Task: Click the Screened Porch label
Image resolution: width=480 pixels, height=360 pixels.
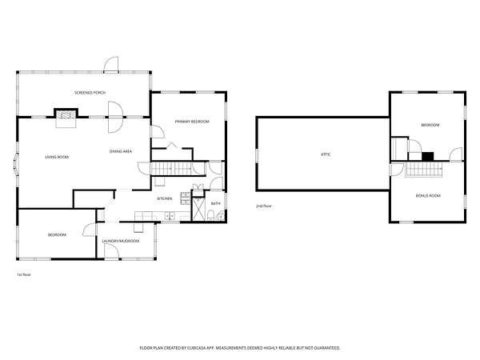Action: pyautogui.click(x=90, y=93)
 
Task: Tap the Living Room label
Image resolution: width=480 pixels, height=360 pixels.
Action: pyautogui.click(x=57, y=157)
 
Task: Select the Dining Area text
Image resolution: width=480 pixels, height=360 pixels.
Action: pyautogui.click(x=121, y=151)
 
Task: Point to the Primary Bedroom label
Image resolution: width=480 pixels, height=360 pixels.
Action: pyautogui.click(x=192, y=122)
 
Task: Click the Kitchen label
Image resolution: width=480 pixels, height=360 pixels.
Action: pyautogui.click(x=165, y=198)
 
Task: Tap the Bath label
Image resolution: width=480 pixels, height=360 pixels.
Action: pyautogui.click(x=216, y=203)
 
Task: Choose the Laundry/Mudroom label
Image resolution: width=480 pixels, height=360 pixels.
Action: pyautogui.click(x=121, y=242)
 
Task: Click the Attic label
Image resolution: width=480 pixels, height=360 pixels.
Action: pyautogui.click(x=326, y=154)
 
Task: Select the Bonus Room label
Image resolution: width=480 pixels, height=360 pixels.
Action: pyautogui.click(x=428, y=196)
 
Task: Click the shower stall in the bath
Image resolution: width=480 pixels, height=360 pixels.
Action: pyautogui.click(x=198, y=209)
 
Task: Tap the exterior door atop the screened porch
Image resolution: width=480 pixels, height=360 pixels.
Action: pyautogui.click(x=111, y=65)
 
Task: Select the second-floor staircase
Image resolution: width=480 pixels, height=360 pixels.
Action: pyautogui.click(x=424, y=170)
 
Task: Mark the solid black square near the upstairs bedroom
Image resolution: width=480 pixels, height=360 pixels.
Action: pyautogui.click(x=428, y=157)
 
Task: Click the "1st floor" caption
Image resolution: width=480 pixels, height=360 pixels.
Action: pyautogui.click(x=23, y=274)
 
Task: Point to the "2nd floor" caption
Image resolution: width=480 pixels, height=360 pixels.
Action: pyautogui.click(x=264, y=206)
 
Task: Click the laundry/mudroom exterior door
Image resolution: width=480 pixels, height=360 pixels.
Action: pyautogui.click(x=112, y=252)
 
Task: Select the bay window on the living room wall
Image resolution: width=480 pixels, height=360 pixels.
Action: pyautogui.click(x=16, y=164)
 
